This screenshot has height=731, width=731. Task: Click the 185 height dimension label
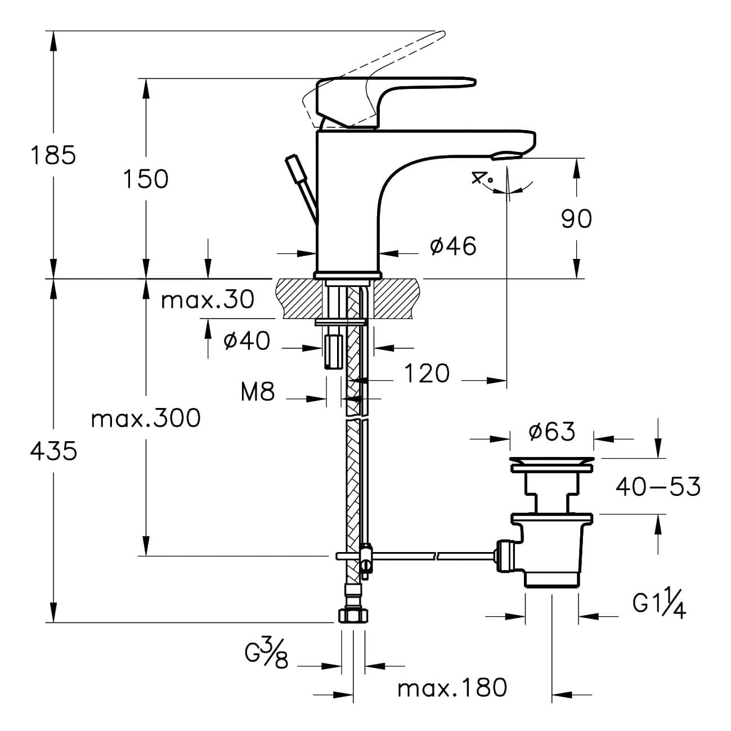tap(53, 155)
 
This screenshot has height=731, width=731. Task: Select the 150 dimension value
tap(146, 179)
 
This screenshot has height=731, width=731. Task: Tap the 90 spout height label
tap(576, 219)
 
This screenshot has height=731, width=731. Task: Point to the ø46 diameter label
tap(454, 246)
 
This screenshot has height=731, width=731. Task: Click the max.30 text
tap(208, 299)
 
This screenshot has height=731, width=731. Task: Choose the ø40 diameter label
tap(247, 340)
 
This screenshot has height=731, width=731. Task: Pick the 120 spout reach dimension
tap(427, 373)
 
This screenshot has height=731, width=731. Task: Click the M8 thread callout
tap(258, 392)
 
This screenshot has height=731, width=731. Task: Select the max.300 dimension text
tap(146, 419)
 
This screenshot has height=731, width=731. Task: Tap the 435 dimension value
tap(53, 452)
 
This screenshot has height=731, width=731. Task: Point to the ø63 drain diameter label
tap(552, 432)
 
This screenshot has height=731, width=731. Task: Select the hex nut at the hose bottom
tap(353, 615)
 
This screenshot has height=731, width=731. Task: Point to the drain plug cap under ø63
tap(551, 465)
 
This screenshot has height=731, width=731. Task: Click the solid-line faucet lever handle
tap(394, 101)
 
